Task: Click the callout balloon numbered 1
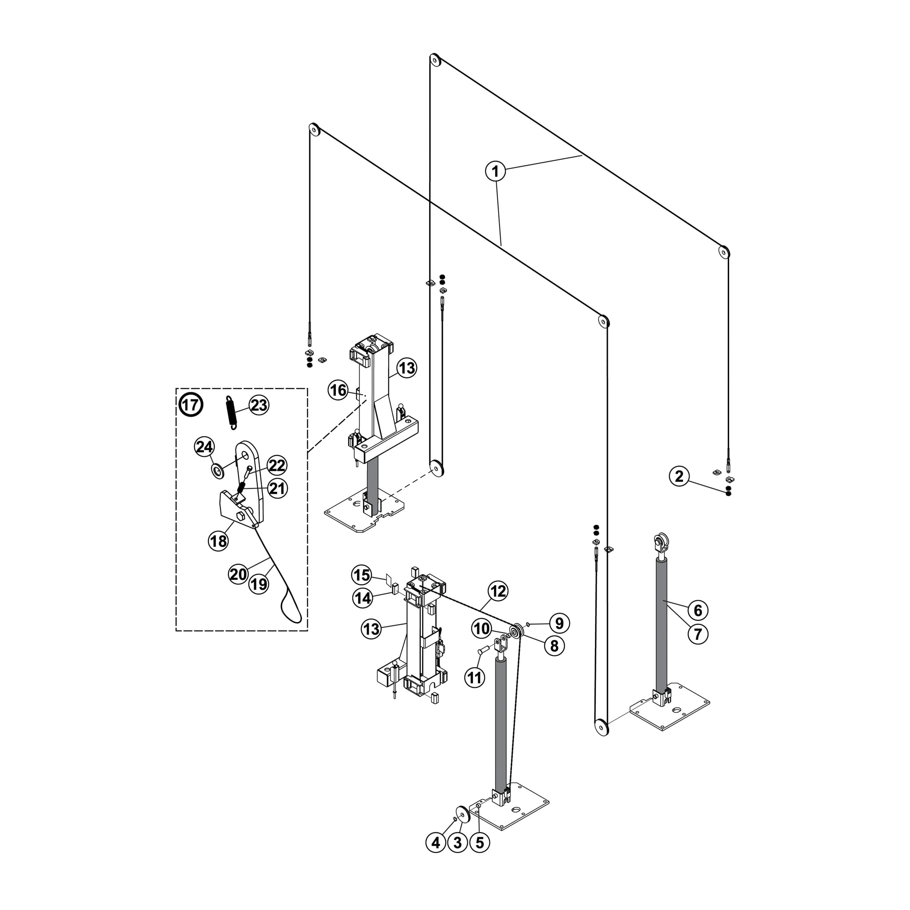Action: pos(495,172)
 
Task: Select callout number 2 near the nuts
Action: pos(679,476)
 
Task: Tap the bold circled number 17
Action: pos(191,405)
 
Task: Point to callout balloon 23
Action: pos(259,405)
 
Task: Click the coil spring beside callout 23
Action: pos(230,412)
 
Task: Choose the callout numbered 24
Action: pos(204,447)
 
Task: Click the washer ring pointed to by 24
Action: pos(218,471)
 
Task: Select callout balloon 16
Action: pos(338,390)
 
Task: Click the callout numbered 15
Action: pos(362,575)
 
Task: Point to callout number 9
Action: pos(559,623)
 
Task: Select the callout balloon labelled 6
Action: pos(698,610)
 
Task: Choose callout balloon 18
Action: pos(218,541)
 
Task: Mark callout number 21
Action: pos(277,488)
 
